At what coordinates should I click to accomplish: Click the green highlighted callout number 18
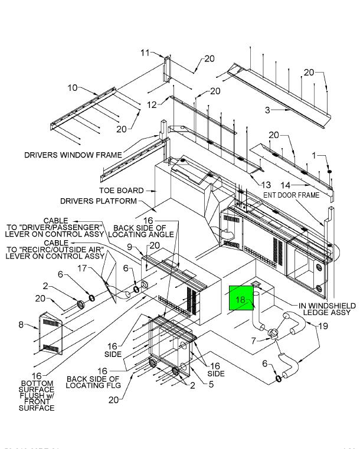point(240,300)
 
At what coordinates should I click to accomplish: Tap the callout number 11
point(145,53)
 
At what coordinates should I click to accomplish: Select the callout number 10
point(73,88)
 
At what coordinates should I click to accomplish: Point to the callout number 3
point(267,110)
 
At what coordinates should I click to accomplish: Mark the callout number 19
point(323,326)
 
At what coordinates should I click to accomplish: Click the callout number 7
point(253,340)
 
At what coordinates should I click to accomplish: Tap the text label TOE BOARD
point(121,191)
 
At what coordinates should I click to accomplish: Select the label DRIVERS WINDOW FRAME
point(73,155)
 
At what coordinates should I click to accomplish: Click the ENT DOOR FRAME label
point(291,195)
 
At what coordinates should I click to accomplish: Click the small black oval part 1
point(330,172)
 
